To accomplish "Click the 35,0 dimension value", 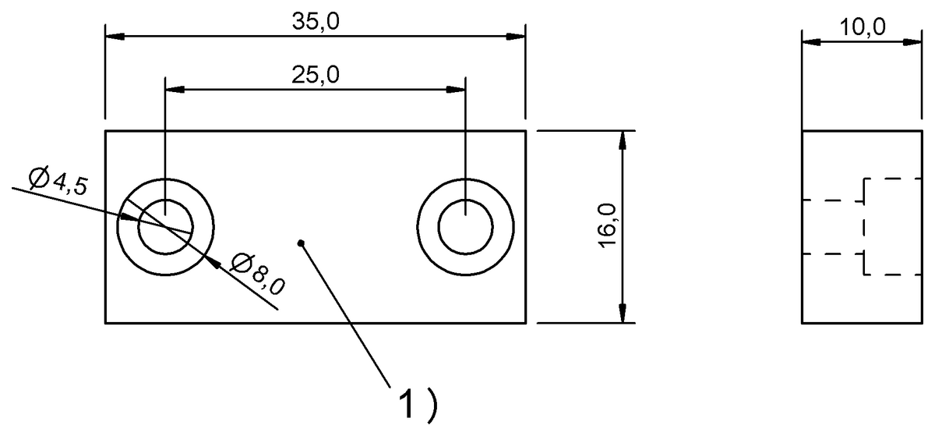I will click(316, 21).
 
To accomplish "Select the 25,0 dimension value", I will click(316, 75).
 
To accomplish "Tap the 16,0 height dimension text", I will click(608, 226).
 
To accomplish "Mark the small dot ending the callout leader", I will click(301, 243).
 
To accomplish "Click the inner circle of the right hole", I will click(465, 227).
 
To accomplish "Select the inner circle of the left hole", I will click(165, 227).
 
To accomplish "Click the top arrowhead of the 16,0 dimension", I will click(623, 140).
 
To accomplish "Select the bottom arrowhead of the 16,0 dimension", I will click(623, 313).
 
